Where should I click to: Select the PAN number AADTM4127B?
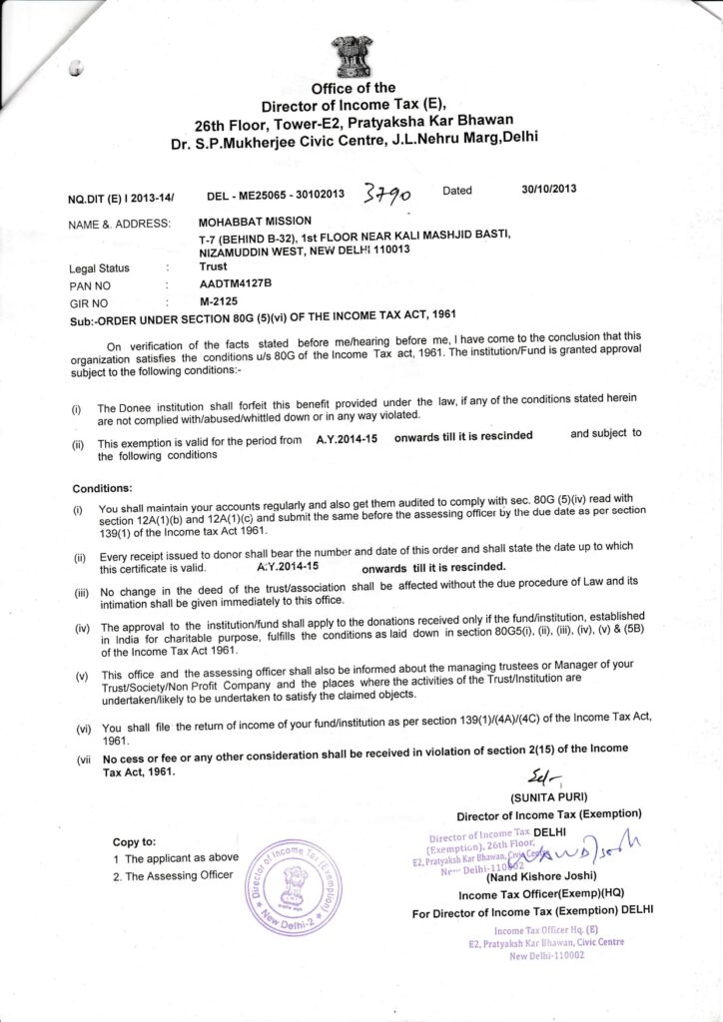pyautogui.click(x=235, y=283)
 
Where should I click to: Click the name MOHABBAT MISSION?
pyautogui.click(x=256, y=220)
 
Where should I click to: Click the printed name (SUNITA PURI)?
pyautogui.click(x=549, y=797)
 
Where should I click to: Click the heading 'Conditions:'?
pyautogui.click(x=102, y=489)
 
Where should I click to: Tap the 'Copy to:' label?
pyautogui.click(x=134, y=842)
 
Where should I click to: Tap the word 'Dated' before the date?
pyautogui.click(x=457, y=189)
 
